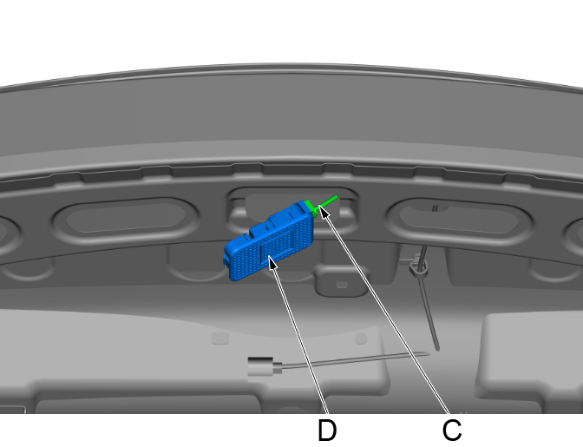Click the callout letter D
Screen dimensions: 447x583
point(327,430)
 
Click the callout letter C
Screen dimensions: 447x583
point(451,430)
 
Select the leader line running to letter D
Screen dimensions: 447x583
point(299,339)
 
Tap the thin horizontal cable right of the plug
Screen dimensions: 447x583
point(356,360)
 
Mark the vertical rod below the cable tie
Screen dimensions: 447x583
point(429,312)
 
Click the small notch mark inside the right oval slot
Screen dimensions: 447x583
point(434,207)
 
